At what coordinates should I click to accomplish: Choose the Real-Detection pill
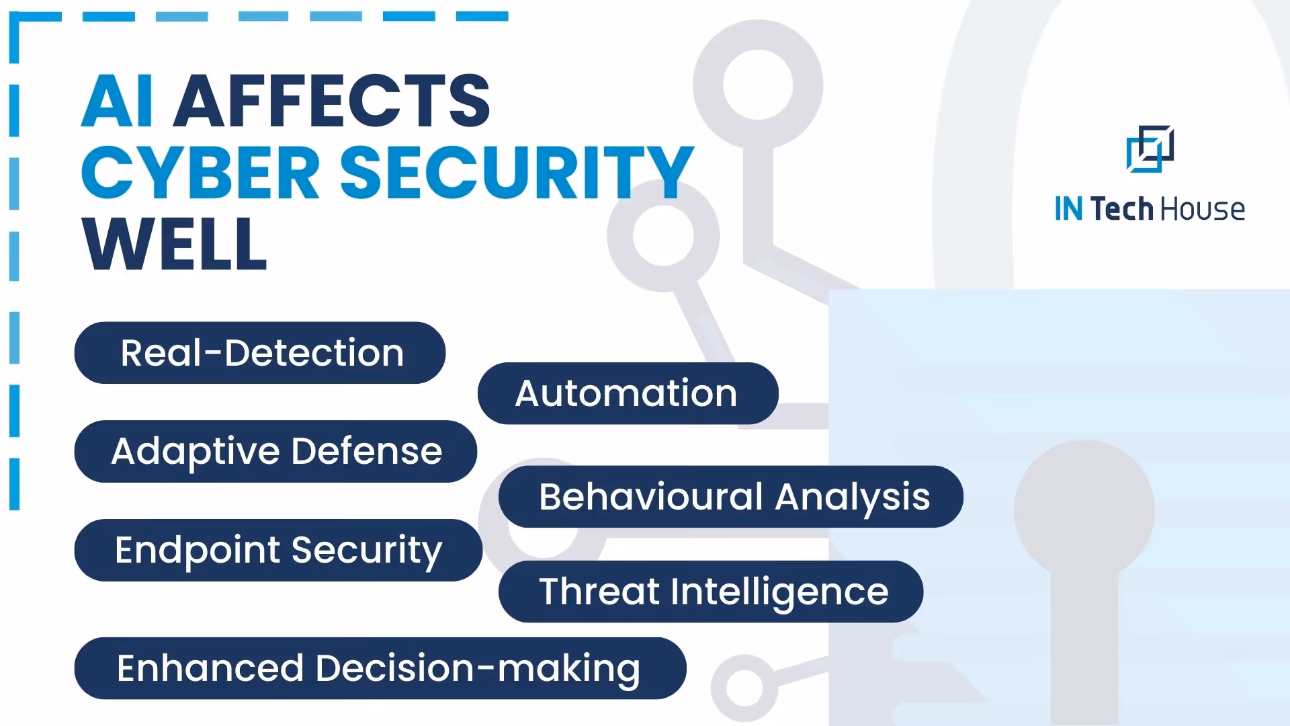(x=260, y=353)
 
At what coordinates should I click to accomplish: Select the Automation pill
(x=628, y=393)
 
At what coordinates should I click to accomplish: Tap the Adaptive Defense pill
(x=275, y=451)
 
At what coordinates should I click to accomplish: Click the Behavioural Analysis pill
(x=730, y=497)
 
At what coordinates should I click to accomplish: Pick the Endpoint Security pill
(x=278, y=550)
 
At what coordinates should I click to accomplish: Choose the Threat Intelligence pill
(x=710, y=592)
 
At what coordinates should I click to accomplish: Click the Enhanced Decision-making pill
(x=380, y=668)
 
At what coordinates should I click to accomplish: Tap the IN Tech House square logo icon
(x=1150, y=149)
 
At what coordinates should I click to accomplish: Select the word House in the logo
(x=1203, y=210)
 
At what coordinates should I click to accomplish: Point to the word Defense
(x=367, y=451)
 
